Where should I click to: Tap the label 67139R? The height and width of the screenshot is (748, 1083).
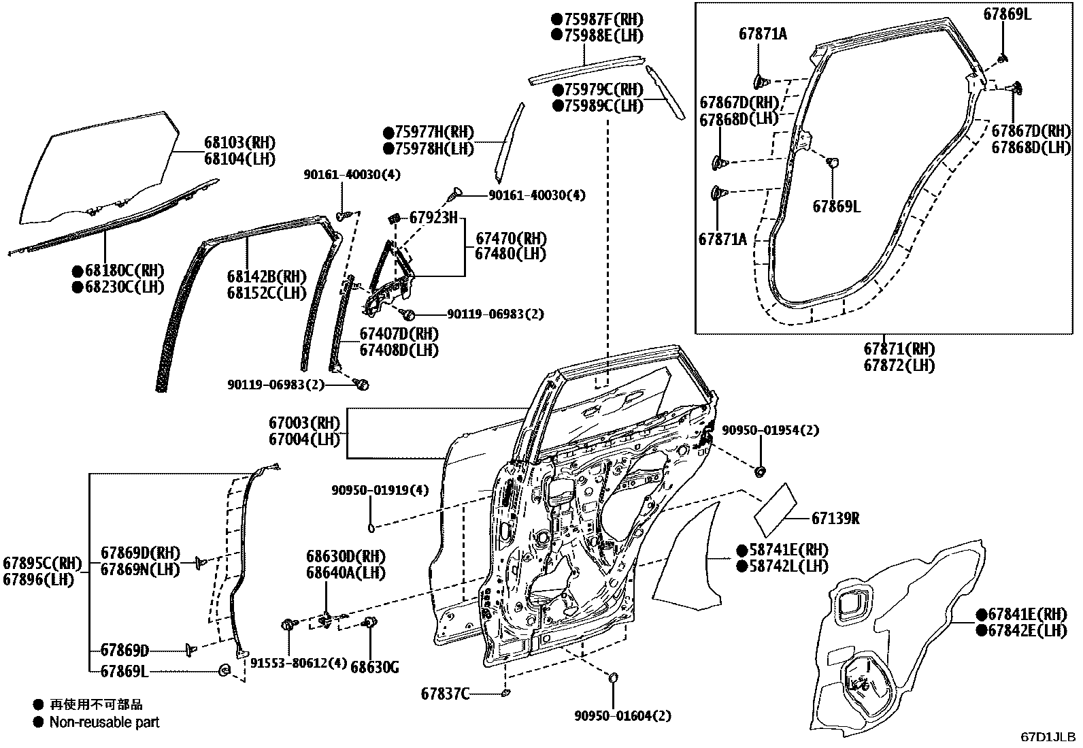pos(835,519)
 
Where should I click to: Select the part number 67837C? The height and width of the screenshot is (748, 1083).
pos(445,694)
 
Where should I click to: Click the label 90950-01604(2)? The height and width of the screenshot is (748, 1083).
pos(622,716)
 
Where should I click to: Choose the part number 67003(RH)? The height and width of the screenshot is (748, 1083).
pos(303,423)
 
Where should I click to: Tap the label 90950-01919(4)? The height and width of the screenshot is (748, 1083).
pos(380,490)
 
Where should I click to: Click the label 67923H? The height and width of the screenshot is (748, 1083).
pos(432,218)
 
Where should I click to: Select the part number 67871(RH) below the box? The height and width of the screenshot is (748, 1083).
pos(899,349)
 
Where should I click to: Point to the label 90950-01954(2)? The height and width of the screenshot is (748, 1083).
pos(770,430)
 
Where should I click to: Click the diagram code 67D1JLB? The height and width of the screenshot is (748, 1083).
pos(1048,737)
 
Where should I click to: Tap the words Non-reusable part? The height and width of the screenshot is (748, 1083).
pos(104,722)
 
